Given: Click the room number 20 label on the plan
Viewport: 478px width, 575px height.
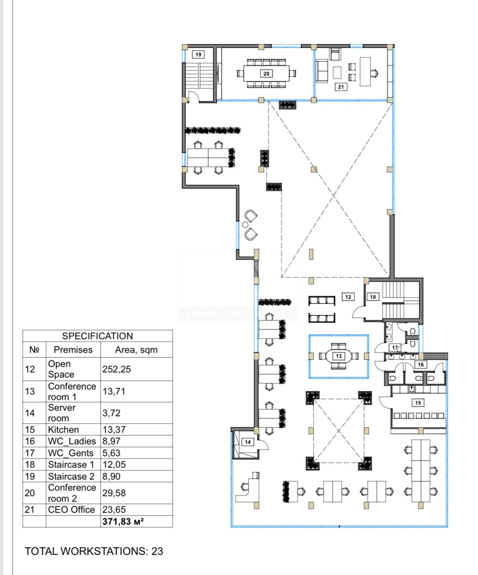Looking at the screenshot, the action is tap(266, 74).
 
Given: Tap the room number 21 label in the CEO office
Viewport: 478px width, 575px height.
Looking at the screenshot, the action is tap(341, 87).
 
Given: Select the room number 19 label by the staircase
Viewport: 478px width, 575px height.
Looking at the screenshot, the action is tap(198, 54).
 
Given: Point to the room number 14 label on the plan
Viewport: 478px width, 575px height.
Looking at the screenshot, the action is tap(248, 442).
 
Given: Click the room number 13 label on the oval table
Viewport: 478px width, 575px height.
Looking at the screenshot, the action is tap(339, 356).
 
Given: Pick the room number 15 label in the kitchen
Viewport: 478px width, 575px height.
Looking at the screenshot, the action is tap(418, 403).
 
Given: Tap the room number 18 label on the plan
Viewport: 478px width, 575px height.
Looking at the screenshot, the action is tap(373, 297).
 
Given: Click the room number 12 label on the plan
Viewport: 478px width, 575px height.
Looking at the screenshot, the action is tap(348, 297).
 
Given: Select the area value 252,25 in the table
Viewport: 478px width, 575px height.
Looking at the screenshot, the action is tap(116, 369).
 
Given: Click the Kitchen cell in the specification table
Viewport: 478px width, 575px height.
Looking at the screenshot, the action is tap(63, 430).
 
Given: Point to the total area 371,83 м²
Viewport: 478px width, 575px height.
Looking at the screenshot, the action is tap(123, 521).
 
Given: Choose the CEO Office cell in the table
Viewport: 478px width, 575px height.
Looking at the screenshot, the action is tap(71, 510).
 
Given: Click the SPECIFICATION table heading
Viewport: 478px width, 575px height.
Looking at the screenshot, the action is tap(97, 336).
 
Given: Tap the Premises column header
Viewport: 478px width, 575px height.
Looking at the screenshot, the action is tap(73, 350).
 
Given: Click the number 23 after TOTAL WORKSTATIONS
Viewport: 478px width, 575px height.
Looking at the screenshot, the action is tap(157, 551).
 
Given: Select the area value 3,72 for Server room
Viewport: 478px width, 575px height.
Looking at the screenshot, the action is tap(111, 413).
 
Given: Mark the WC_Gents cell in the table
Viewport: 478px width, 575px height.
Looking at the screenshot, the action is tap(71, 453).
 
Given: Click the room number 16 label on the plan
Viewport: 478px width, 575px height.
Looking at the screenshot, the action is tap(421, 364).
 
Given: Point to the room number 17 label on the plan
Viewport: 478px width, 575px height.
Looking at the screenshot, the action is tap(395, 347).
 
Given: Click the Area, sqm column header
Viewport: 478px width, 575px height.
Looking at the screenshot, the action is tap(136, 350).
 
